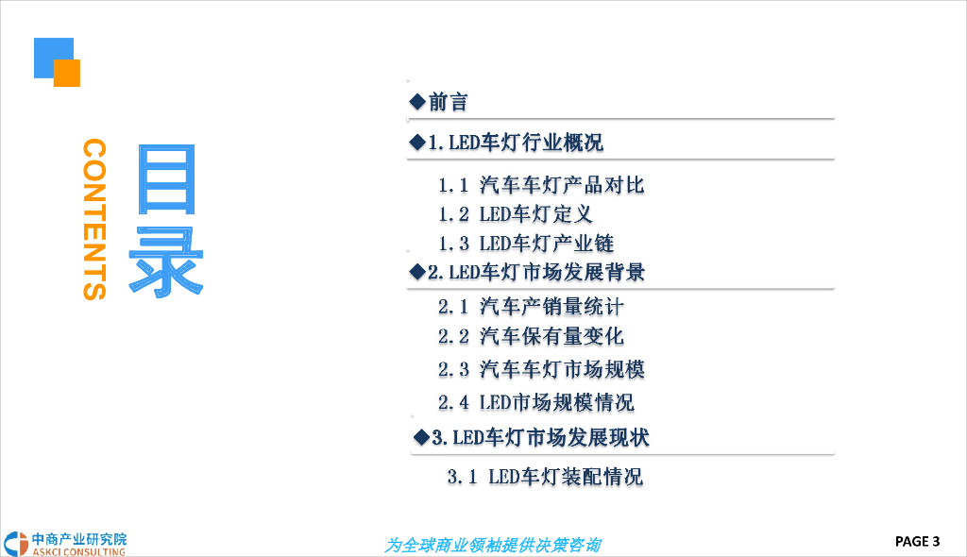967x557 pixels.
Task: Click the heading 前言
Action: (x=449, y=102)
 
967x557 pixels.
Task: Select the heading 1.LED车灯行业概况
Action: (x=516, y=143)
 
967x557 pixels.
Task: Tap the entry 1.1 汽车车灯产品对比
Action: (x=541, y=185)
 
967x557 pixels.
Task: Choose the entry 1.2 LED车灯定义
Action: (x=515, y=214)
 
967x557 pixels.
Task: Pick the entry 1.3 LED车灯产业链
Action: (x=526, y=244)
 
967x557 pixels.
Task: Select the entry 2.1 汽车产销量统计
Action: (x=531, y=307)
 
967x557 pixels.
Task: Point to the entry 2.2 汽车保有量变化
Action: (x=531, y=337)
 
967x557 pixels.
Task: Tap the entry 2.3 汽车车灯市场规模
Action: (x=541, y=369)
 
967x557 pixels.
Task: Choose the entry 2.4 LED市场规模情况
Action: (x=535, y=402)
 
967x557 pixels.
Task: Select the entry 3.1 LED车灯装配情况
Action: (x=545, y=477)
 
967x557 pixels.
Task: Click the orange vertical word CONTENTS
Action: (x=95, y=220)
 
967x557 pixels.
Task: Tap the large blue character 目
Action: (x=167, y=179)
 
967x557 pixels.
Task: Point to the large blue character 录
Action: (x=167, y=262)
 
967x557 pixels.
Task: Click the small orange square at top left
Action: (x=67, y=73)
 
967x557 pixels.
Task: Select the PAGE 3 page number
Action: (x=917, y=541)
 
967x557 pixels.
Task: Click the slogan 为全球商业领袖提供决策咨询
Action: (x=492, y=546)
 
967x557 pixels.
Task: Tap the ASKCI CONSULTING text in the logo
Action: (x=78, y=550)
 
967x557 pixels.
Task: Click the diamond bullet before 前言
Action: (x=416, y=102)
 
